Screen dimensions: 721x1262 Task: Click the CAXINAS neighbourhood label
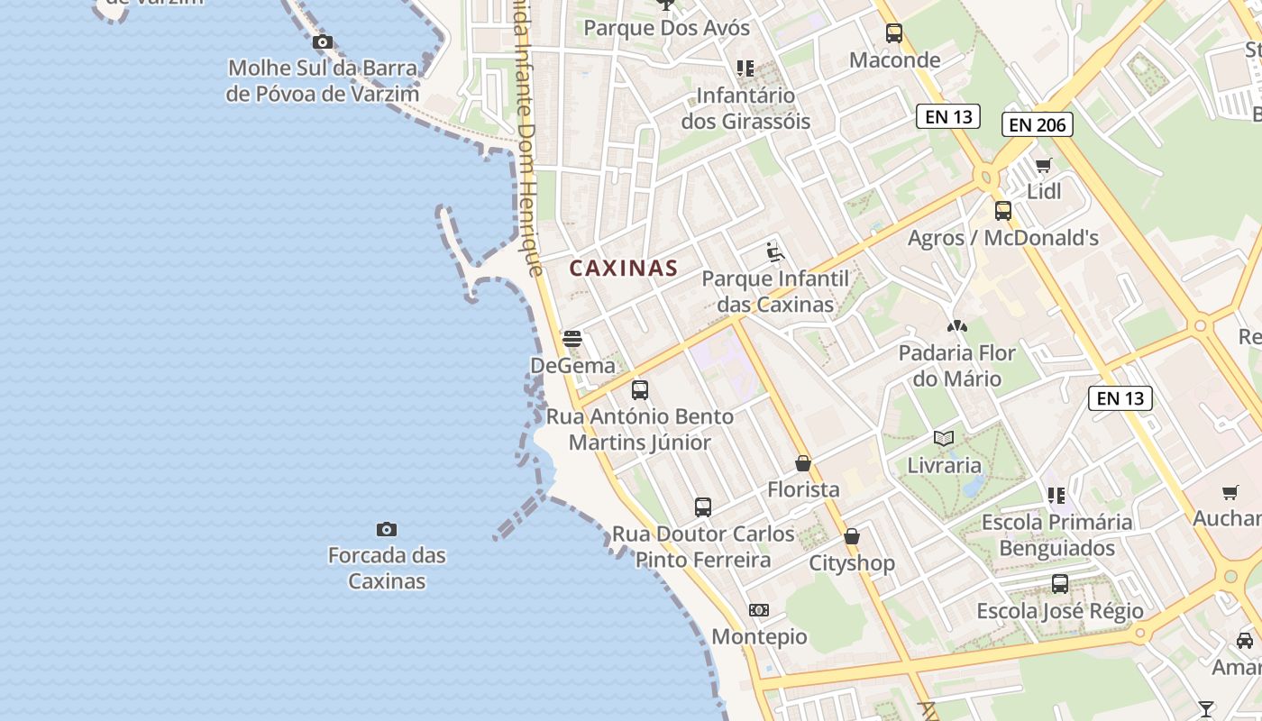pos(623,268)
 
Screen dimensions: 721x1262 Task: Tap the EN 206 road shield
pos(1037,124)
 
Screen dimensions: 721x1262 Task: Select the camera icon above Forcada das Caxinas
pos(387,529)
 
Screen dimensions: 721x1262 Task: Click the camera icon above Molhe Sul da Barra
pos(322,41)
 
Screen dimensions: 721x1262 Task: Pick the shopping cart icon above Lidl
pos(1044,165)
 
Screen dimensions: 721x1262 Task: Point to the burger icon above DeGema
pos(572,339)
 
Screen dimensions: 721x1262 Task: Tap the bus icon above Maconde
pos(894,33)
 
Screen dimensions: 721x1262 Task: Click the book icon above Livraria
pos(944,439)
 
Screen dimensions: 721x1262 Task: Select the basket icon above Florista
pos(803,463)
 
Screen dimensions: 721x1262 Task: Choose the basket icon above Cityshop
pos(852,537)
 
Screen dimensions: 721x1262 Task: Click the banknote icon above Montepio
pos(759,610)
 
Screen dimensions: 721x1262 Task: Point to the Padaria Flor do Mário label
pos(956,365)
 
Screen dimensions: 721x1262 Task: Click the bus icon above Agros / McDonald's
pos(1003,211)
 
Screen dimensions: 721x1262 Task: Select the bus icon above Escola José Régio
pos(1060,584)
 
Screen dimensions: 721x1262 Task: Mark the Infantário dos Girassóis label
pos(745,108)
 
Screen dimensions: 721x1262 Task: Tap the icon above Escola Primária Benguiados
pos(1056,495)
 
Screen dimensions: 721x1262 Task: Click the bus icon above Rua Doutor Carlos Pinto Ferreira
pos(703,507)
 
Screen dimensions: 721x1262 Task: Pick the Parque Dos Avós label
pos(666,28)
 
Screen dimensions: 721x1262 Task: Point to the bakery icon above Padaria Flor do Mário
pos(956,325)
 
